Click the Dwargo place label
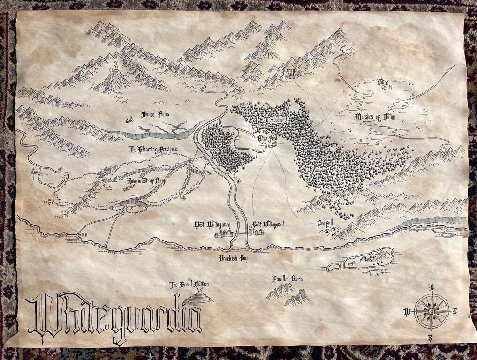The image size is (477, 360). tap(290, 69)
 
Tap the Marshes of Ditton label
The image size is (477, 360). tap(375, 117)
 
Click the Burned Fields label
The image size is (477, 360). tap(155, 114)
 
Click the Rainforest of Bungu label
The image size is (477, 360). tap(147, 180)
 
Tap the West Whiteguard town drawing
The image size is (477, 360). tap(224, 233)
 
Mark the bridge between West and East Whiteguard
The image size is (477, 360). tap(241, 233)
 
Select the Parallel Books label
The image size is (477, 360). tap(288, 278)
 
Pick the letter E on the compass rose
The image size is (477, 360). tap(454, 311)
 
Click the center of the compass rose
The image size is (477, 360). tap(432, 311)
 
